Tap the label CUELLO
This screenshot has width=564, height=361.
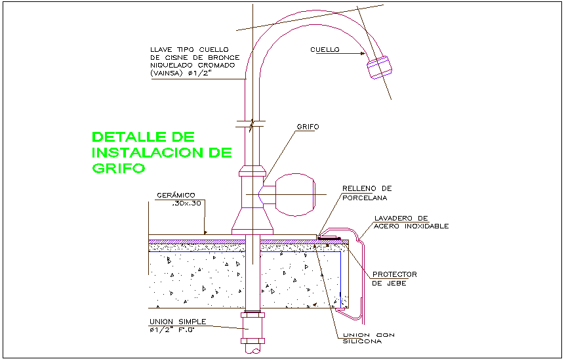(x=325, y=50)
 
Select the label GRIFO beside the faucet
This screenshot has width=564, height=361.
(x=308, y=127)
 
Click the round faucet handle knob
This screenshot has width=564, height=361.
(x=295, y=195)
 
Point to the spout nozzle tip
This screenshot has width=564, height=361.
(x=379, y=68)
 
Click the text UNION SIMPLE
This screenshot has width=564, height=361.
(x=178, y=322)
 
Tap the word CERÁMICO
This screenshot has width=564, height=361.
(x=176, y=196)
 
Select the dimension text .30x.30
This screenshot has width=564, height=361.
(x=186, y=203)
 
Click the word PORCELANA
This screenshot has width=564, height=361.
(x=365, y=198)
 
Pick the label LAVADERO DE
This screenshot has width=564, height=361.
(x=401, y=218)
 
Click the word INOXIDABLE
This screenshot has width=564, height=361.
(x=427, y=226)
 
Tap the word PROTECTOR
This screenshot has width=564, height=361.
(x=395, y=274)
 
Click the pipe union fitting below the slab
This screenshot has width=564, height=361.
(x=253, y=328)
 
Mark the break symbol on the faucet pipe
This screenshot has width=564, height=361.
(x=252, y=124)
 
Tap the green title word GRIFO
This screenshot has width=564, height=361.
(x=118, y=168)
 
